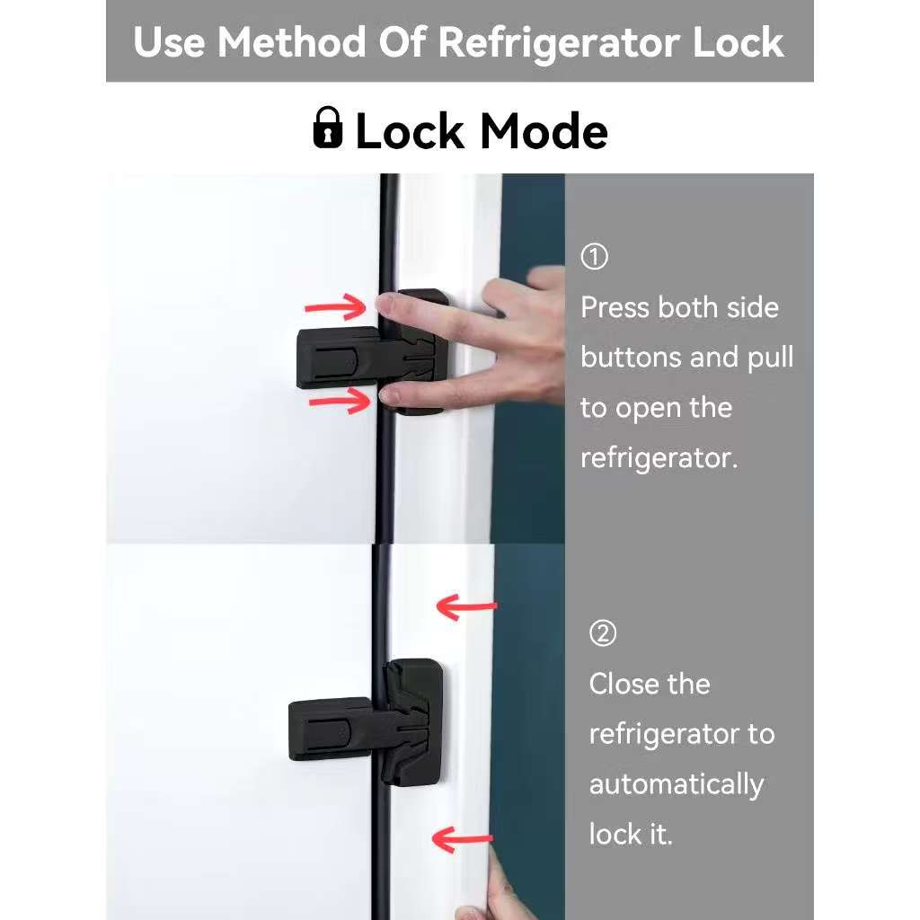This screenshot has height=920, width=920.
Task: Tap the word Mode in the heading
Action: tap(544, 131)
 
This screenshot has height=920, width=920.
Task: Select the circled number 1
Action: tap(594, 257)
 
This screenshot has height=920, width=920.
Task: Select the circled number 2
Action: tap(602, 633)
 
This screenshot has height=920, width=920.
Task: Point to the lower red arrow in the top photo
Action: tap(339, 401)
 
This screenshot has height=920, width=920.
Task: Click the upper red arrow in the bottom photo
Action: tap(465, 606)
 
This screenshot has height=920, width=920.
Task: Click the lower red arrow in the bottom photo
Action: tap(462, 840)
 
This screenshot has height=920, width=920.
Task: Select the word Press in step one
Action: tap(615, 307)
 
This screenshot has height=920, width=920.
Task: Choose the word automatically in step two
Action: tap(676, 784)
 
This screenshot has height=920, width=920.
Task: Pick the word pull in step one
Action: tap(770, 358)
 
